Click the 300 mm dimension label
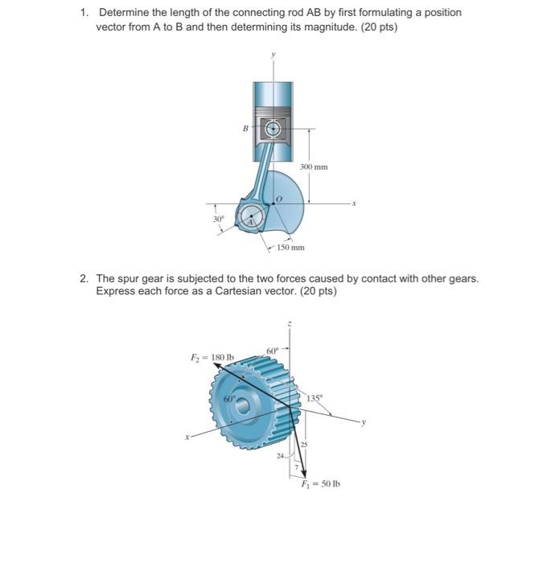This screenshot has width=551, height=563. point(315,166)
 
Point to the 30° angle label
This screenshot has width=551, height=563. point(217,218)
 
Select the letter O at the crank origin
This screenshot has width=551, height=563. point(279,197)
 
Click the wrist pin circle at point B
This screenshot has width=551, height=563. point(273,128)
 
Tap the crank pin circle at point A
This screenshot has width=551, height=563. point(252,216)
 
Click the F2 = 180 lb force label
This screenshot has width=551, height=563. point(212,356)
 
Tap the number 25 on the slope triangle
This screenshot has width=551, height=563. point(304,445)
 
